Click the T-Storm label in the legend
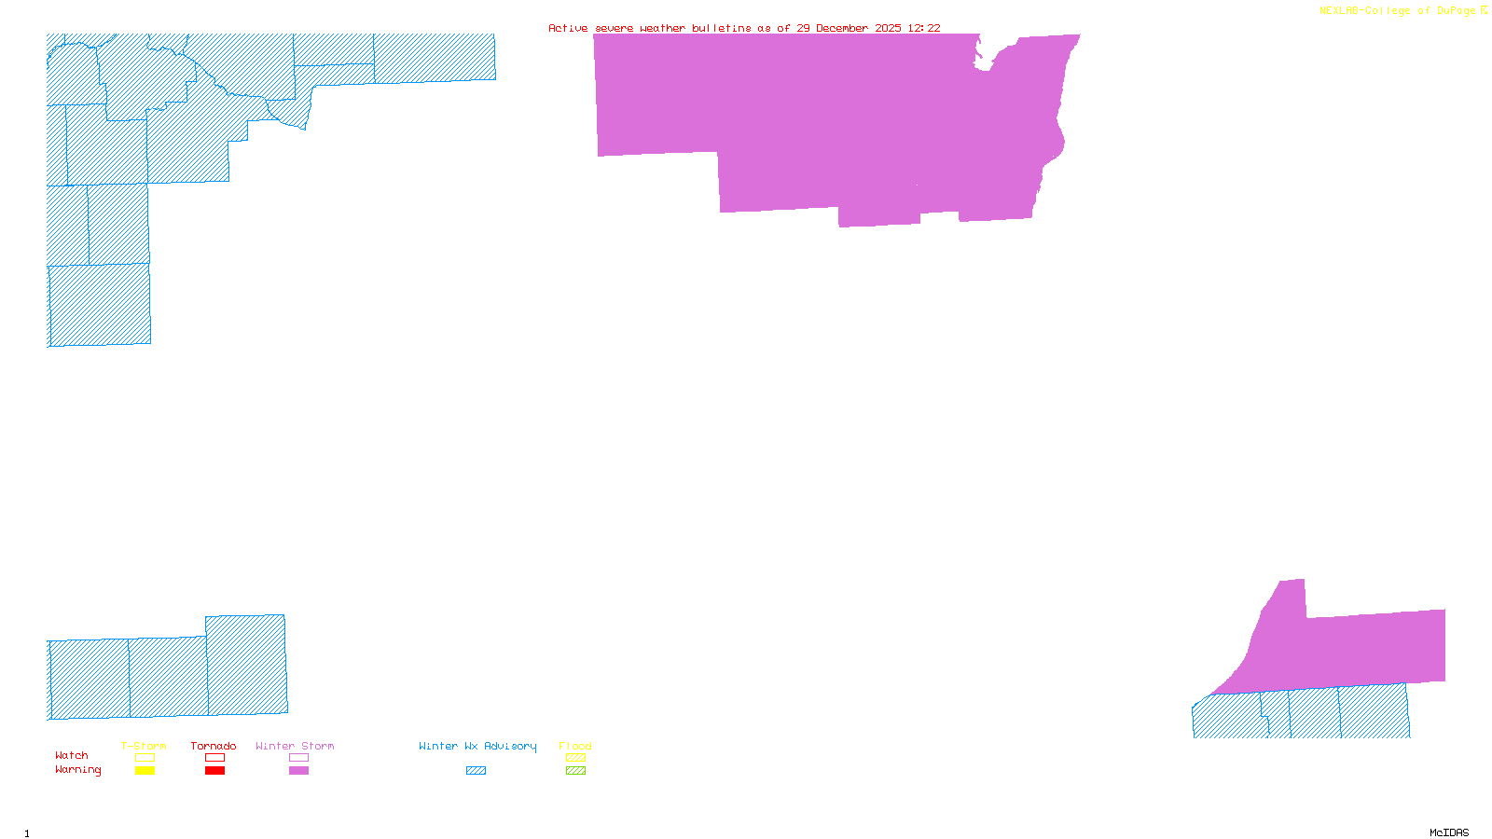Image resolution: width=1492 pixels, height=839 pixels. [x=144, y=746]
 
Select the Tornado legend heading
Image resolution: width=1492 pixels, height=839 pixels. [x=214, y=746]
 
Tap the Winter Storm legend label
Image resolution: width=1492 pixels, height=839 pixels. [x=295, y=746]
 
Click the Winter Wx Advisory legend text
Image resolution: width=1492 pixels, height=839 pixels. [x=477, y=746]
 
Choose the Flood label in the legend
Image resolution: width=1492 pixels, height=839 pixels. [x=575, y=746]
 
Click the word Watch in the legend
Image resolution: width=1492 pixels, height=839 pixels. [x=72, y=755]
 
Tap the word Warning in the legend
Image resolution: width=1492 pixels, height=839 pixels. [x=77, y=770]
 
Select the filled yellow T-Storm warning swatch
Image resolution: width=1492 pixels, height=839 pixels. [x=145, y=771]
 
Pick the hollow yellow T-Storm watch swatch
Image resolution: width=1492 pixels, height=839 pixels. [x=145, y=758]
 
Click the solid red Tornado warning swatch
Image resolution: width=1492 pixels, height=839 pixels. [x=214, y=771]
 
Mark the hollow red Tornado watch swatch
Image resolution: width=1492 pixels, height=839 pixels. [x=214, y=758]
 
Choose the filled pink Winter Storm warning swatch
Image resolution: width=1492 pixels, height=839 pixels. [x=298, y=771]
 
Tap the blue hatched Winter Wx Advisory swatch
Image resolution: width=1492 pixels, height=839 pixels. [x=476, y=771]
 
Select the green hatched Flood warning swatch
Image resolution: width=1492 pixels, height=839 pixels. [x=576, y=771]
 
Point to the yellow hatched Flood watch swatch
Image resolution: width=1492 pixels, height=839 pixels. [x=576, y=758]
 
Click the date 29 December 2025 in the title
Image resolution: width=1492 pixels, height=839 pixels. [x=848, y=28]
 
